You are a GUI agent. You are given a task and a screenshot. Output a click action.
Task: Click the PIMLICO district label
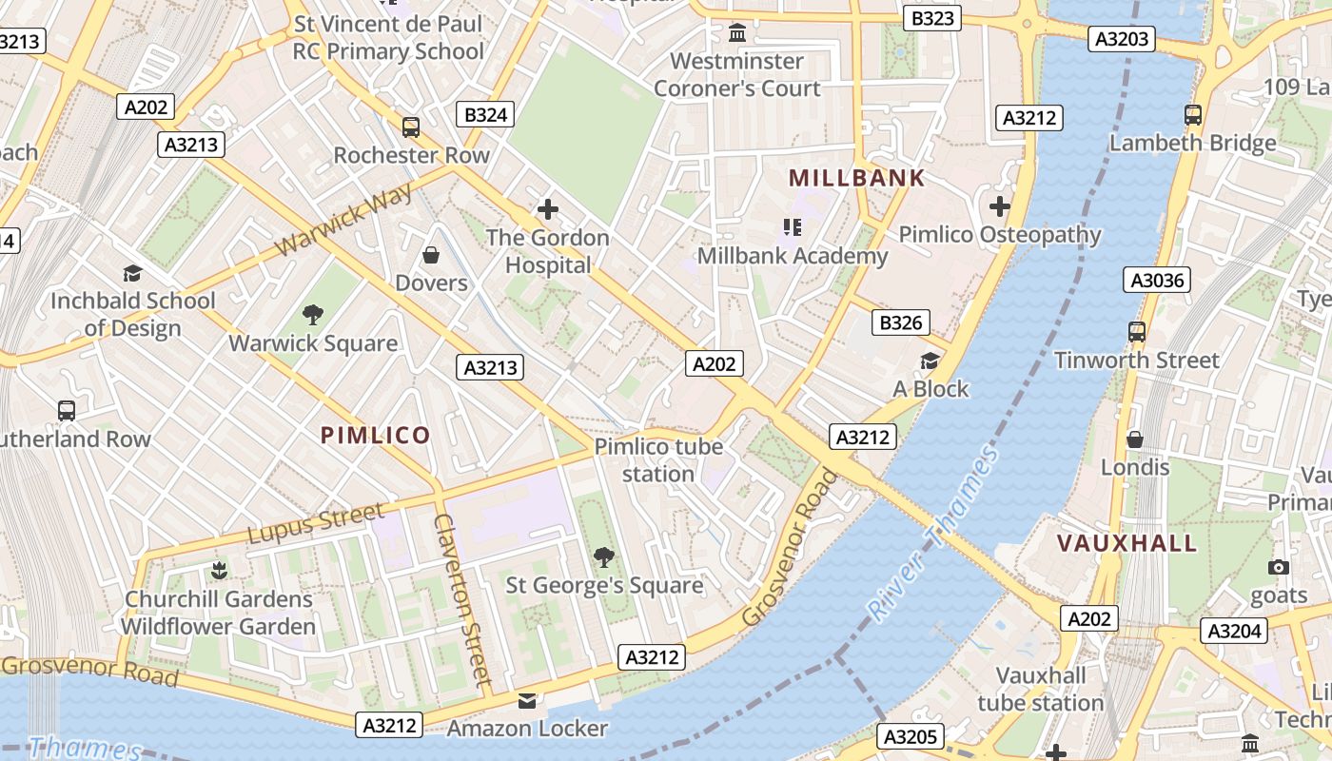pos(375,436)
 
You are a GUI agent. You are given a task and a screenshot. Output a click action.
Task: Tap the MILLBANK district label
pos(856,178)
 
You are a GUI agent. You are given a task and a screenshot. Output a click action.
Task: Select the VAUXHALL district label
pos(1127,543)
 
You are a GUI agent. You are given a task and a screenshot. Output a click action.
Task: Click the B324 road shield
pos(485,115)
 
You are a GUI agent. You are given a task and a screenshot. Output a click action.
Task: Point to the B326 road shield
pos(900,322)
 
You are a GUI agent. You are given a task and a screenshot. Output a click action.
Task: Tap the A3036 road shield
pos(1156,280)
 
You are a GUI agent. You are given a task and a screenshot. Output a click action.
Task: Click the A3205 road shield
pos(911,736)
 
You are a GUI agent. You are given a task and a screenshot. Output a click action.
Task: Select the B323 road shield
pos(931,17)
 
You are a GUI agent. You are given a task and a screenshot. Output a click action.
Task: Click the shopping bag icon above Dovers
pos(431,255)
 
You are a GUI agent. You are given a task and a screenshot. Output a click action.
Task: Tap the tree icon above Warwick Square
pos(312,315)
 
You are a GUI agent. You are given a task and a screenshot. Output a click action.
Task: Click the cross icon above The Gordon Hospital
pos(547,209)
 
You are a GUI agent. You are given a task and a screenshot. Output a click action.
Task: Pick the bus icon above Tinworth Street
pos(1136,332)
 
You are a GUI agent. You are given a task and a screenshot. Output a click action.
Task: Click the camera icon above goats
pos(1279,568)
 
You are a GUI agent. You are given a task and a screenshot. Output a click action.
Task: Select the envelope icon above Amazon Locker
pos(526,701)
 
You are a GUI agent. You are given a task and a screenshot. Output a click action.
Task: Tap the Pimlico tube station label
pos(658,459)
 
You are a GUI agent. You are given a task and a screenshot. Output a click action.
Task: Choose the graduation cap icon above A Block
pos(930,361)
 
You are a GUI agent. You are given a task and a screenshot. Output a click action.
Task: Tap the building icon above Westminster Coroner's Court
pos(736,34)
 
